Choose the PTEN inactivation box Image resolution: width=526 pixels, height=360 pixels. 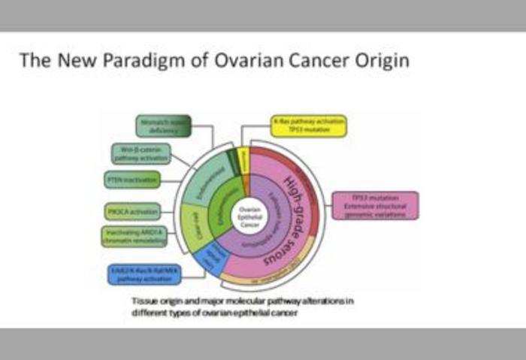pos(131,180)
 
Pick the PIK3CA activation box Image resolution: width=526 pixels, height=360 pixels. pos(132,211)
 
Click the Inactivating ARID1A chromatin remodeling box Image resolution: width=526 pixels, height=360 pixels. pos(133,236)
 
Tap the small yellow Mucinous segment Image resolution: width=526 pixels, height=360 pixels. pos(242,158)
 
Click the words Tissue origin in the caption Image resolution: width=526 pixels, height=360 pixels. pos(150,301)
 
